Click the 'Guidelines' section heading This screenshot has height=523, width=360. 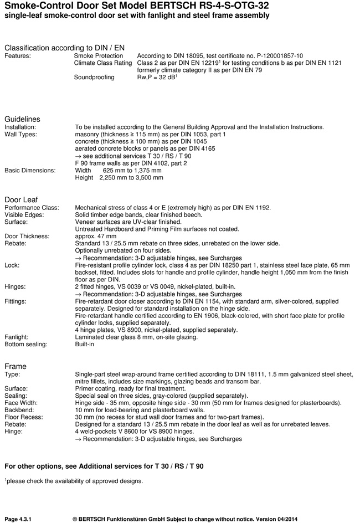[22, 119]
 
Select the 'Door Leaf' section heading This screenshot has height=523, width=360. [21, 199]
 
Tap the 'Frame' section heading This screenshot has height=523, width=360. [16, 366]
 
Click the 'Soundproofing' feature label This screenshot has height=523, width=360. [94, 78]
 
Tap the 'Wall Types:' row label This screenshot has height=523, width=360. [20, 135]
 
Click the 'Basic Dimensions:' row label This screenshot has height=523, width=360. [30, 171]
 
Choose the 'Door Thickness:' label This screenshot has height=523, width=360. [27, 236]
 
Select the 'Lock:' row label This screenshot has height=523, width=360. [12, 265]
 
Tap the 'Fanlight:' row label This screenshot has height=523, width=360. [17, 337]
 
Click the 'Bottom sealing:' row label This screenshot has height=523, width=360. [25, 344]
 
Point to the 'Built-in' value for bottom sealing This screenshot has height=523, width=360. [85, 344]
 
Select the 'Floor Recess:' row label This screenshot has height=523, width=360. [24, 417]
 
